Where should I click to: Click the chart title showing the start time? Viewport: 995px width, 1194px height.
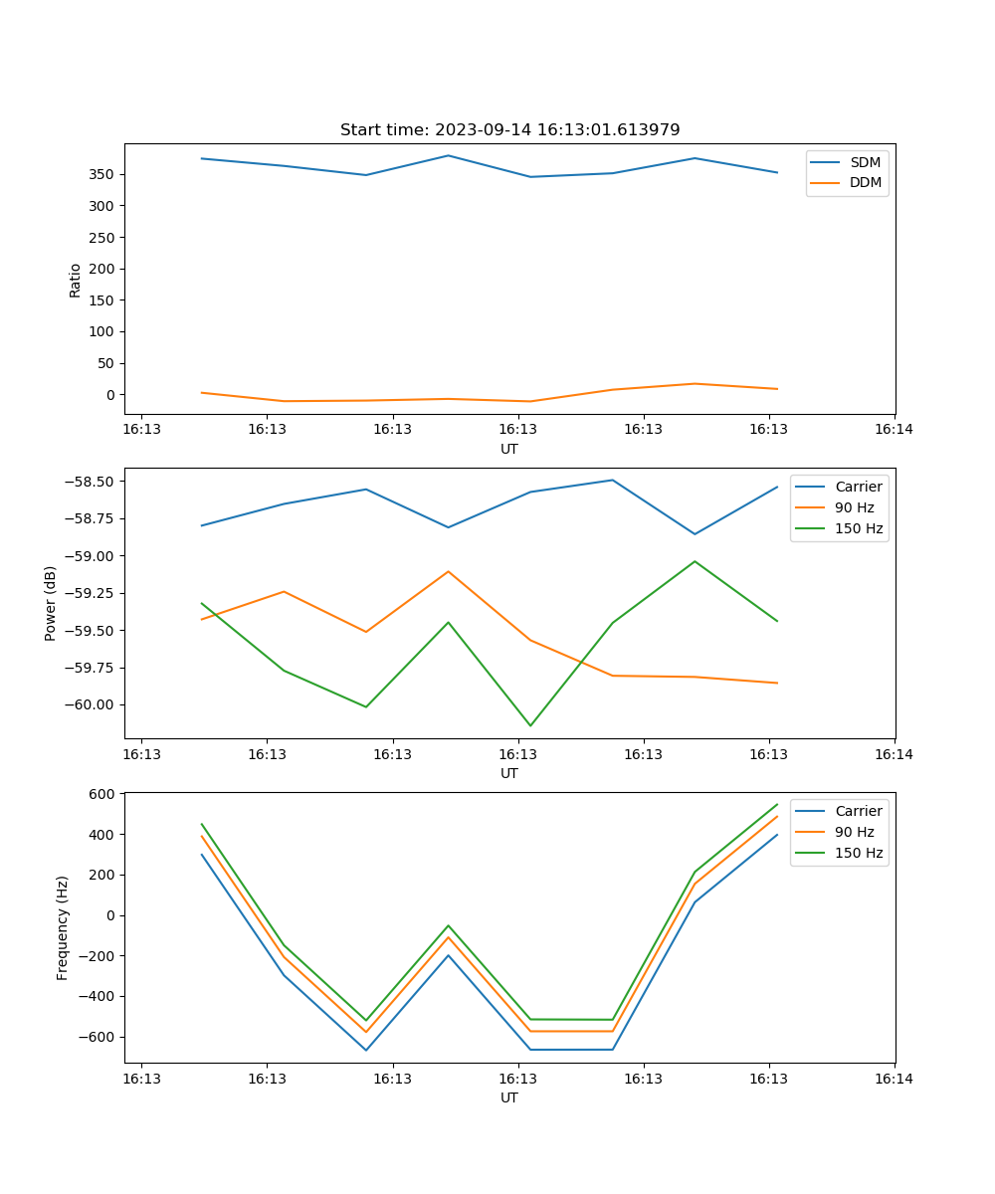509,130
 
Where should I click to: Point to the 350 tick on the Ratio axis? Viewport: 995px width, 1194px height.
103,174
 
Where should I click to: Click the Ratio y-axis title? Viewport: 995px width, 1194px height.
76,279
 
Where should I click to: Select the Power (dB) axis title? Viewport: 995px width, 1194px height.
51,603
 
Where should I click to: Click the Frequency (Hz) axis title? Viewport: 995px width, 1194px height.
63,927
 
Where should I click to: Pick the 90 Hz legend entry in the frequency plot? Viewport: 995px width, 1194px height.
855,832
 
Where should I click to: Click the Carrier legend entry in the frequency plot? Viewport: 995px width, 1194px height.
858,811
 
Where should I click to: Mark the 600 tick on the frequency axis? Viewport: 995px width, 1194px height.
103,794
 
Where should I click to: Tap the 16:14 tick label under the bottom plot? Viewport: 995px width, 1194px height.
894,1078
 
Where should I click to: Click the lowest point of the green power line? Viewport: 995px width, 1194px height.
530,725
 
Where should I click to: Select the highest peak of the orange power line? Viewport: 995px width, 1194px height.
448,571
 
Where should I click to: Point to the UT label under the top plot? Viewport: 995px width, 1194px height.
509,449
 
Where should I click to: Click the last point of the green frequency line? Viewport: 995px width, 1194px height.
777,804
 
